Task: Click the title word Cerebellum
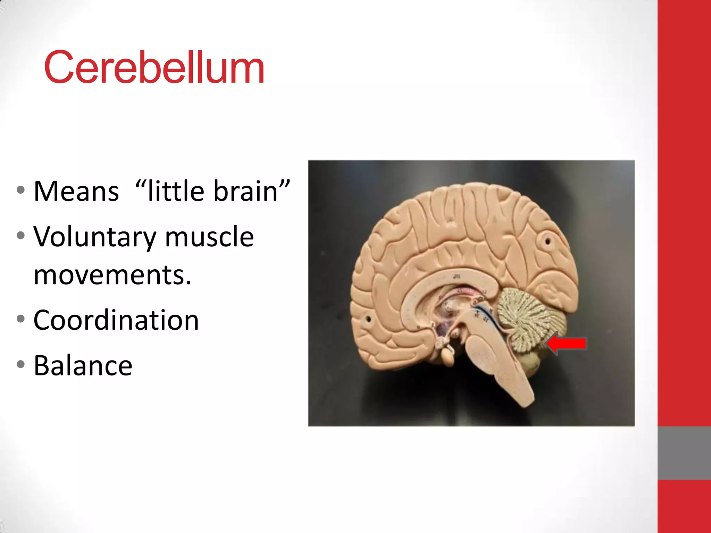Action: [154, 67]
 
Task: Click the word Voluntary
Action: [94, 237]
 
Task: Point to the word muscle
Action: [209, 237]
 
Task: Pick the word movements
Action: [112, 275]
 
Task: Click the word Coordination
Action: [116, 320]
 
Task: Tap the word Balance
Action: [83, 365]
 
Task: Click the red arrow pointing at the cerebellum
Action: [567, 344]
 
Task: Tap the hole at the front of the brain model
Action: [368, 319]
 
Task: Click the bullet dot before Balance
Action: [21, 364]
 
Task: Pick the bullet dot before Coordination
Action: [21, 319]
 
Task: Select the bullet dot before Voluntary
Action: [21, 236]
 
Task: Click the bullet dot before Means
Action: [21, 190]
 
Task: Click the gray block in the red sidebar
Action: [684, 453]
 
